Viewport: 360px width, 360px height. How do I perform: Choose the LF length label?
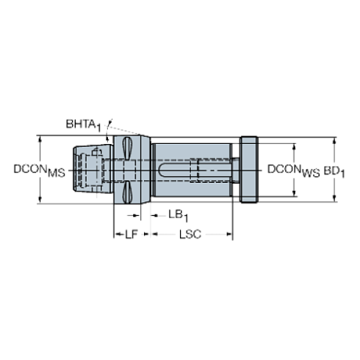[x=132, y=235]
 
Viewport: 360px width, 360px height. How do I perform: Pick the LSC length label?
[x=190, y=235]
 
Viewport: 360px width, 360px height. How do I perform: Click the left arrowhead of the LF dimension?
[x=114, y=236]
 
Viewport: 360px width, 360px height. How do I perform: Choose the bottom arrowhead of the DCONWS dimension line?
[x=295, y=196]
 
